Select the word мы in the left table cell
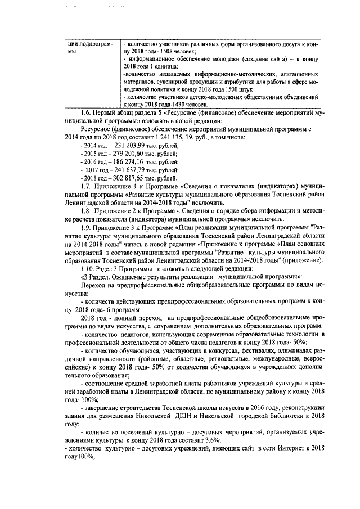(x=70, y=51)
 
